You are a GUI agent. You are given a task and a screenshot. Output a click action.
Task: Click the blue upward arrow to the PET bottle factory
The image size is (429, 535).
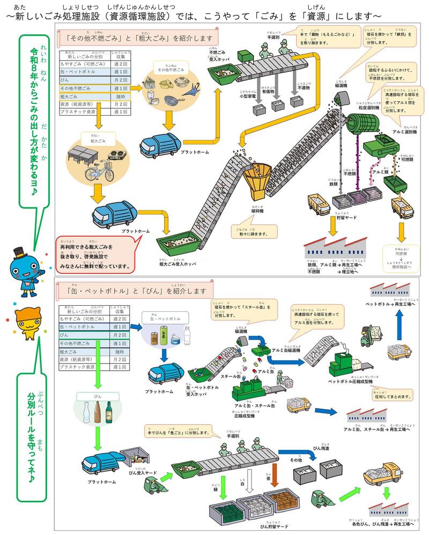(399, 323)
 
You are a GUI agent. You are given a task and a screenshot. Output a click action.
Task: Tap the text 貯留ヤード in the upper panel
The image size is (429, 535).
(347, 218)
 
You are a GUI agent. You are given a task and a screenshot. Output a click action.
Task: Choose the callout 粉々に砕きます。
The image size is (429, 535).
(255, 233)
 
